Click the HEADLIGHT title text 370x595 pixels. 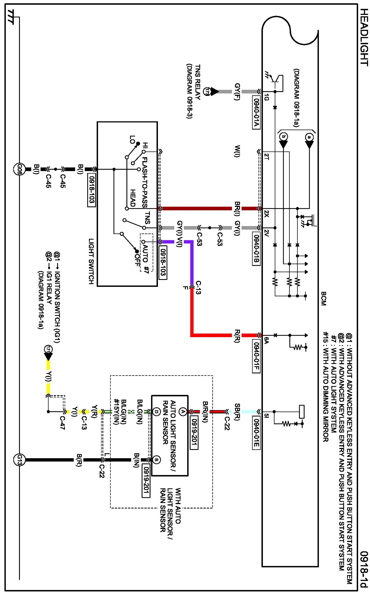pyautogui.click(x=364, y=37)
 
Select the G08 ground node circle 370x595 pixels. pyautogui.click(x=19, y=169)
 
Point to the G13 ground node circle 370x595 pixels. pyautogui.click(x=19, y=460)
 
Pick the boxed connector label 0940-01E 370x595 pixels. pyautogui.click(x=256, y=433)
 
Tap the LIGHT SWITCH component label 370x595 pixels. pyautogui.click(x=91, y=261)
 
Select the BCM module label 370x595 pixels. pyautogui.click(x=324, y=298)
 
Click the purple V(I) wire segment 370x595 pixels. pyautogui.click(x=192, y=262)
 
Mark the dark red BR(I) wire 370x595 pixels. pyautogui.click(x=196, y=208)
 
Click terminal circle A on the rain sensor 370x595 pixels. pyautogui.click(x=183, y=412)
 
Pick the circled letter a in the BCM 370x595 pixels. pyautogui.click(x=309, y=137)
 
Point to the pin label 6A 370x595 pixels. pyautogui.click(x=266, y=340)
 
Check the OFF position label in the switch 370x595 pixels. pyautogui.click(x=137, y=260)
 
